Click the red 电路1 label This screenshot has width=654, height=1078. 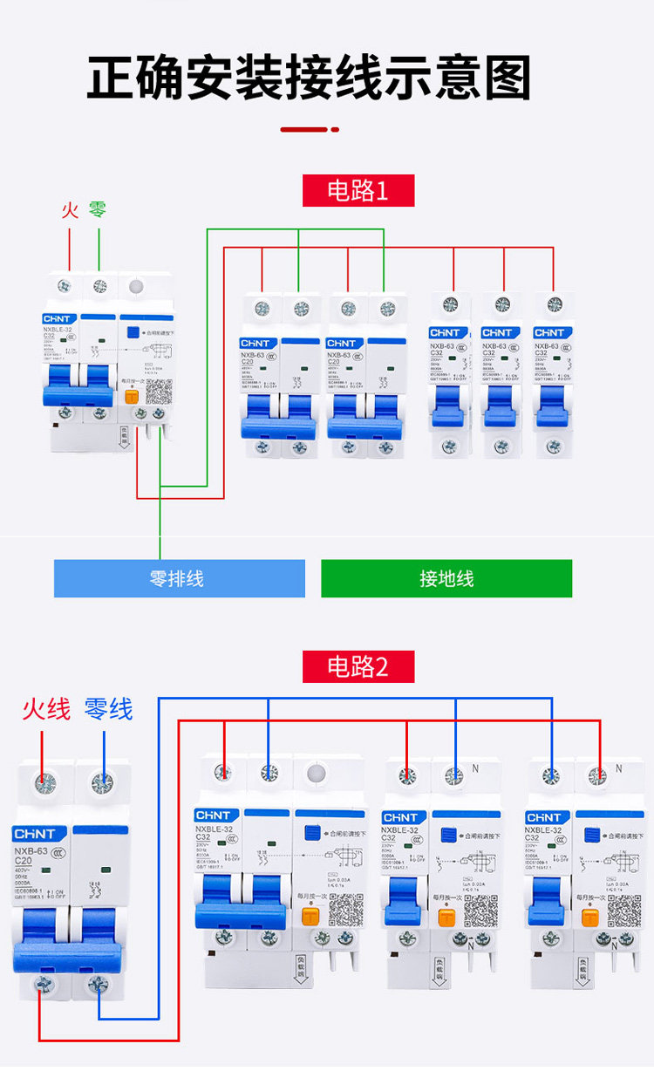coord(358,191)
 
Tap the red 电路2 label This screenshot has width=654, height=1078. coord(358,666)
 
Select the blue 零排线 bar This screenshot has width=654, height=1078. coord(179,578)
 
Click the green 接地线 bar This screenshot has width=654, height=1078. coord(446,578)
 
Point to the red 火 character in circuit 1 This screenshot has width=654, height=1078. coord(70,210)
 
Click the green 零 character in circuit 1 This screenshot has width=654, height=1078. coord(98,210)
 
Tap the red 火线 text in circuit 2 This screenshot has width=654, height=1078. coord(46,709)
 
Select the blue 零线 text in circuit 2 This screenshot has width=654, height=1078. coord(108,709)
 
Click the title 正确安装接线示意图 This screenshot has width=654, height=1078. coord(309,79)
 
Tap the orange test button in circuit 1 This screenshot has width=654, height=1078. coord(133,395)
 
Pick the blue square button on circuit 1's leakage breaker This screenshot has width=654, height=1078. coord(133,332)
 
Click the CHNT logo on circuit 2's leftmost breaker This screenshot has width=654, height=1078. coord(34,835)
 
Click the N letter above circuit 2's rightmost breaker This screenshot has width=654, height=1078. coord(618,768)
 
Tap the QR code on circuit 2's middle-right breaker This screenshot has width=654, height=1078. coord(480,911)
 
